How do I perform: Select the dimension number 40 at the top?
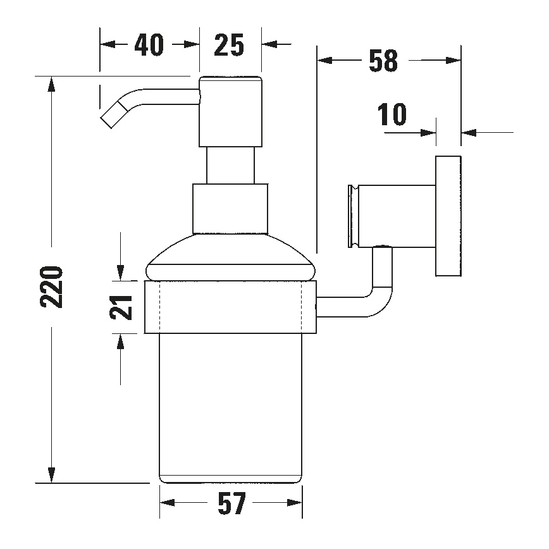149,45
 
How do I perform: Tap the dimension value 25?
229,45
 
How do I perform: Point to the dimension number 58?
383,61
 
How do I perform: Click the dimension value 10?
392,116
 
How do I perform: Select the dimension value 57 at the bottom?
231,505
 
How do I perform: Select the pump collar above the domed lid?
230,207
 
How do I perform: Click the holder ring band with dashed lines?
230,307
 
